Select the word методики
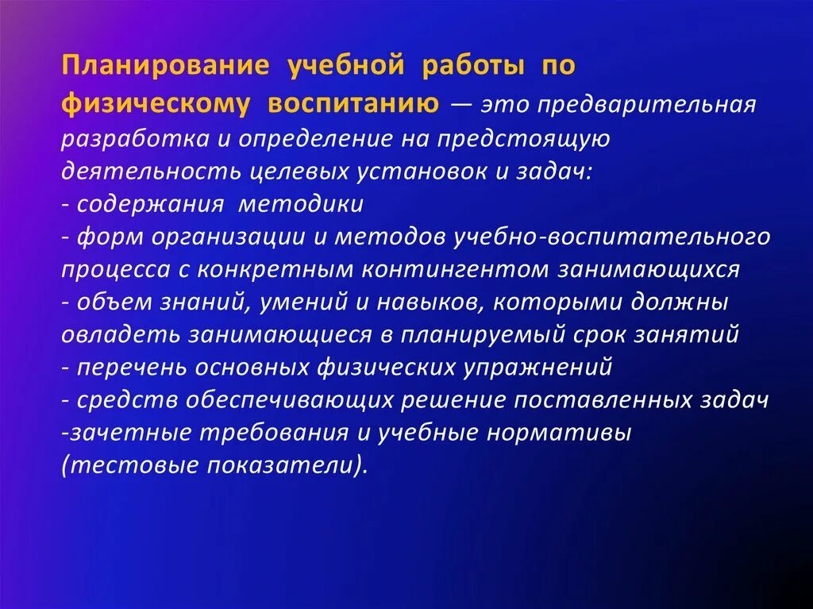(302, 204)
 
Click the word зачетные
(120, 433)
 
